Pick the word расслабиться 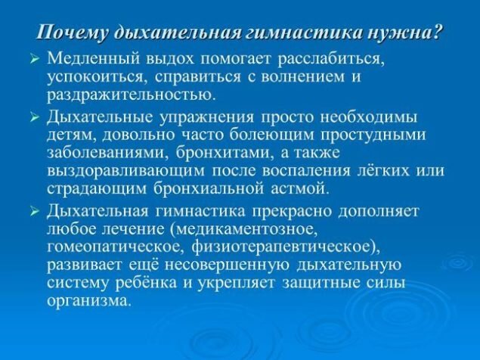[x=330, y=60]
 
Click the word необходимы [x=369, y=117]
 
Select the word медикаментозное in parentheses [x=246, y=230]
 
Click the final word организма [x=87, y=301]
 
